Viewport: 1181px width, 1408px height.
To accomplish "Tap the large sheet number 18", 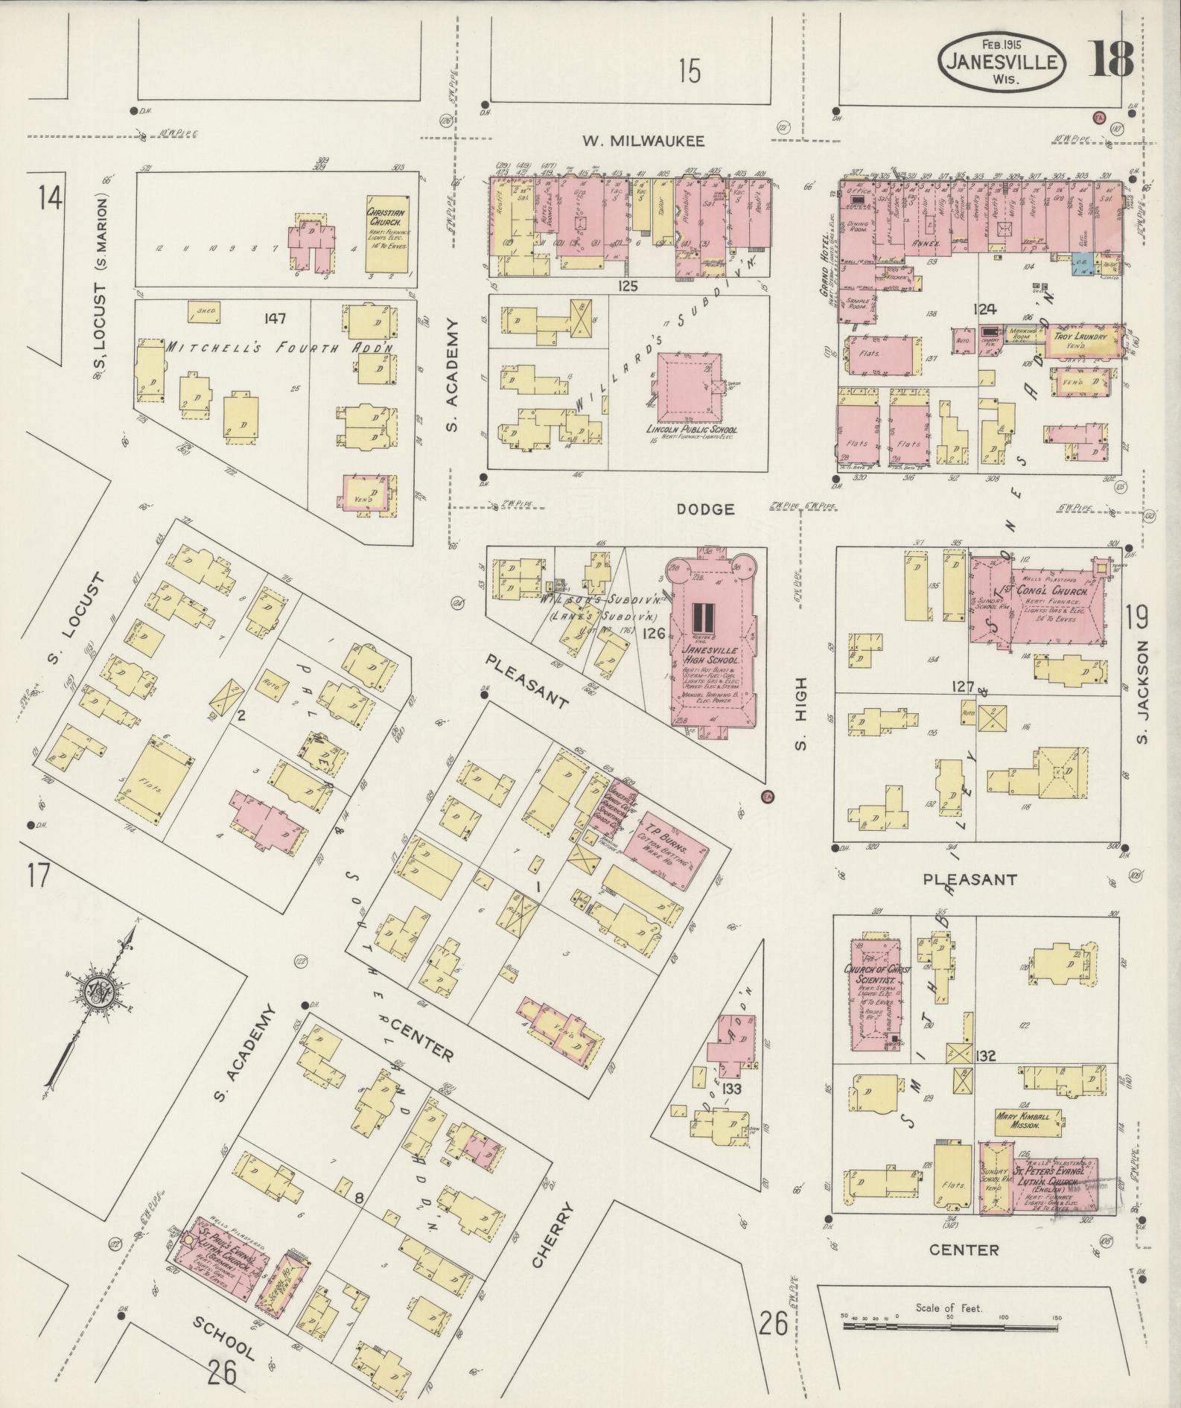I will [1112, 60].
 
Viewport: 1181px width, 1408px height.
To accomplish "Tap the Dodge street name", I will [706, 509].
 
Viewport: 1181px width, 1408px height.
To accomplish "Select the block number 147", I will [275, 319].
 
